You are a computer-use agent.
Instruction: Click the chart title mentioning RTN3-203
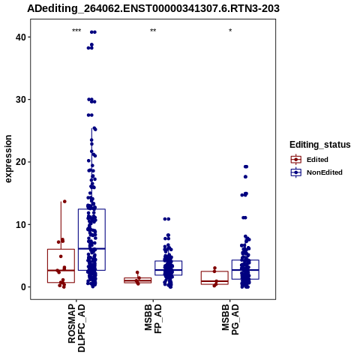pos(153,9)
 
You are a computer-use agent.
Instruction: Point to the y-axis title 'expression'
pos(8,159)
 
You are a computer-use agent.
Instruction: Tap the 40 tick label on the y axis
pos(21,37)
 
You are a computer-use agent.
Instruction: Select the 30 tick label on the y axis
pos(21,100)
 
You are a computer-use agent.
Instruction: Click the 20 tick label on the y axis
pos(21,162)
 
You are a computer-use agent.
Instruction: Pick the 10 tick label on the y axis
pos(21,225)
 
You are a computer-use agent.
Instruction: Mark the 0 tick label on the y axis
pos(23,287)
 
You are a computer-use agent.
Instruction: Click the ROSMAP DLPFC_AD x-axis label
pos(76,328)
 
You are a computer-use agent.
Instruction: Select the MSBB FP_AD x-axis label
pos(153,319)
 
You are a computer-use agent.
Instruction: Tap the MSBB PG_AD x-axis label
pos(230,319)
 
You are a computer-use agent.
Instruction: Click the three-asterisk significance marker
pos(76,31)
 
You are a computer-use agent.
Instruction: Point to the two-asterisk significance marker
pos(153,31)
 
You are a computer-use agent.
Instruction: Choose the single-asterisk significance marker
pos(230,31)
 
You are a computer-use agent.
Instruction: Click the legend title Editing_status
pos(320,145)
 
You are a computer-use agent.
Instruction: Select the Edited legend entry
pos(310,160)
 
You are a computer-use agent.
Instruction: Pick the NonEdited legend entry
pos(316,172)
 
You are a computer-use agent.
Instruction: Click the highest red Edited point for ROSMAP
pos(64,202)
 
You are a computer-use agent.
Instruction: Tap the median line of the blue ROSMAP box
pos(91,248)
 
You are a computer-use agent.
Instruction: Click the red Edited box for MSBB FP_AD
pos(138,280)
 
